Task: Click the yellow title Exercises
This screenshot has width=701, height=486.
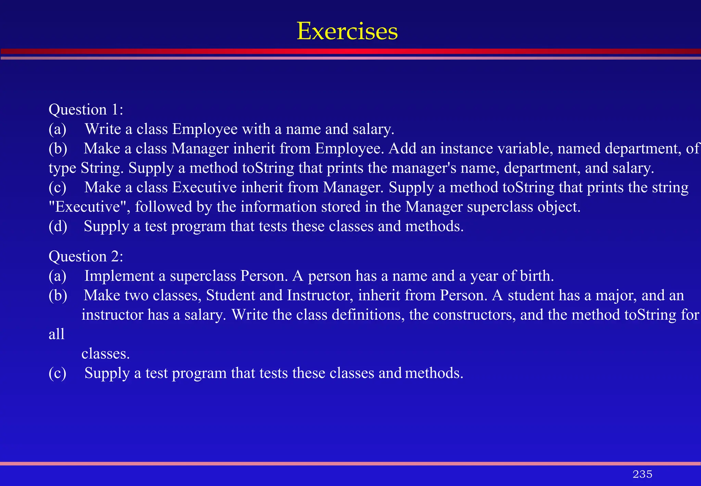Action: [347, 31]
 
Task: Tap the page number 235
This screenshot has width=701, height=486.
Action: [642, 474]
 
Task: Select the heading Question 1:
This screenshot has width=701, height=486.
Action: [86, 110]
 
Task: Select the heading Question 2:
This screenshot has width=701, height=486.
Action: [86, 256]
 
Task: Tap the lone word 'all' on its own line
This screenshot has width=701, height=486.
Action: [56, 334]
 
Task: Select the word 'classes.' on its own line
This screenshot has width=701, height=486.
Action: [105, 354]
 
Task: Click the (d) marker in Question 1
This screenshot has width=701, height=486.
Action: [58, 227]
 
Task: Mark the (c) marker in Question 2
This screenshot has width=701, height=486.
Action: [58, 373]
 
